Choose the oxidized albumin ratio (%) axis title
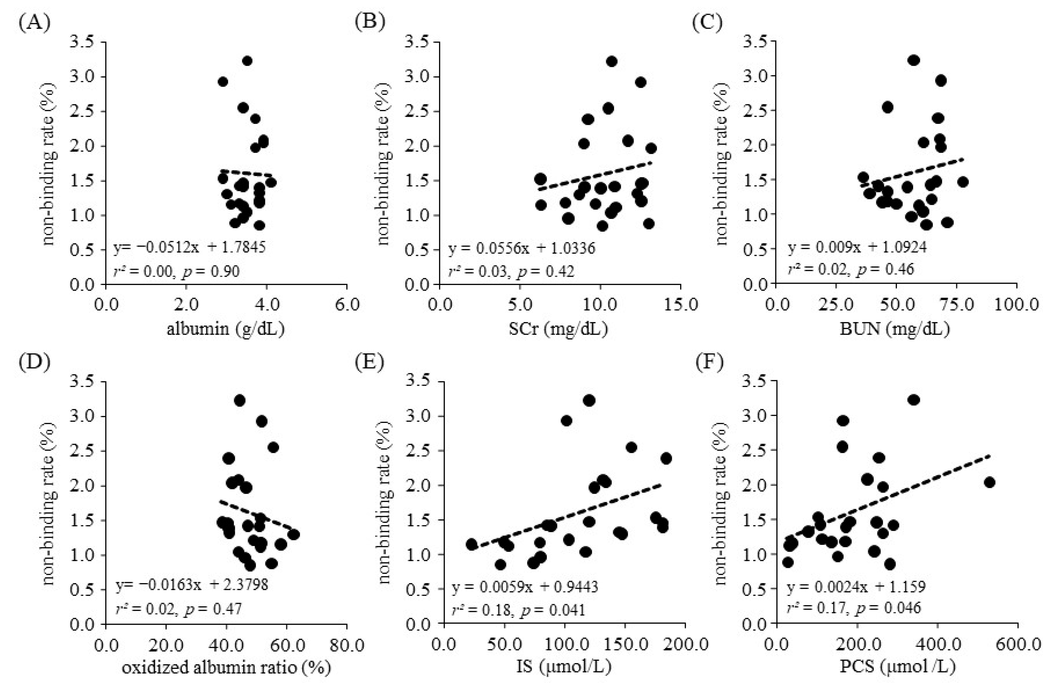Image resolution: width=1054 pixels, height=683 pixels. [x=226, y=668]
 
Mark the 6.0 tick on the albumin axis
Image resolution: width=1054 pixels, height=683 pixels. [x=347, y=305]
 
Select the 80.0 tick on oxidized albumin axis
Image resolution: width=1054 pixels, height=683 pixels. [x=347, y=645]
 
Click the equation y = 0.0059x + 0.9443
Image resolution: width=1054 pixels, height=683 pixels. [x=525, y=587]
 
